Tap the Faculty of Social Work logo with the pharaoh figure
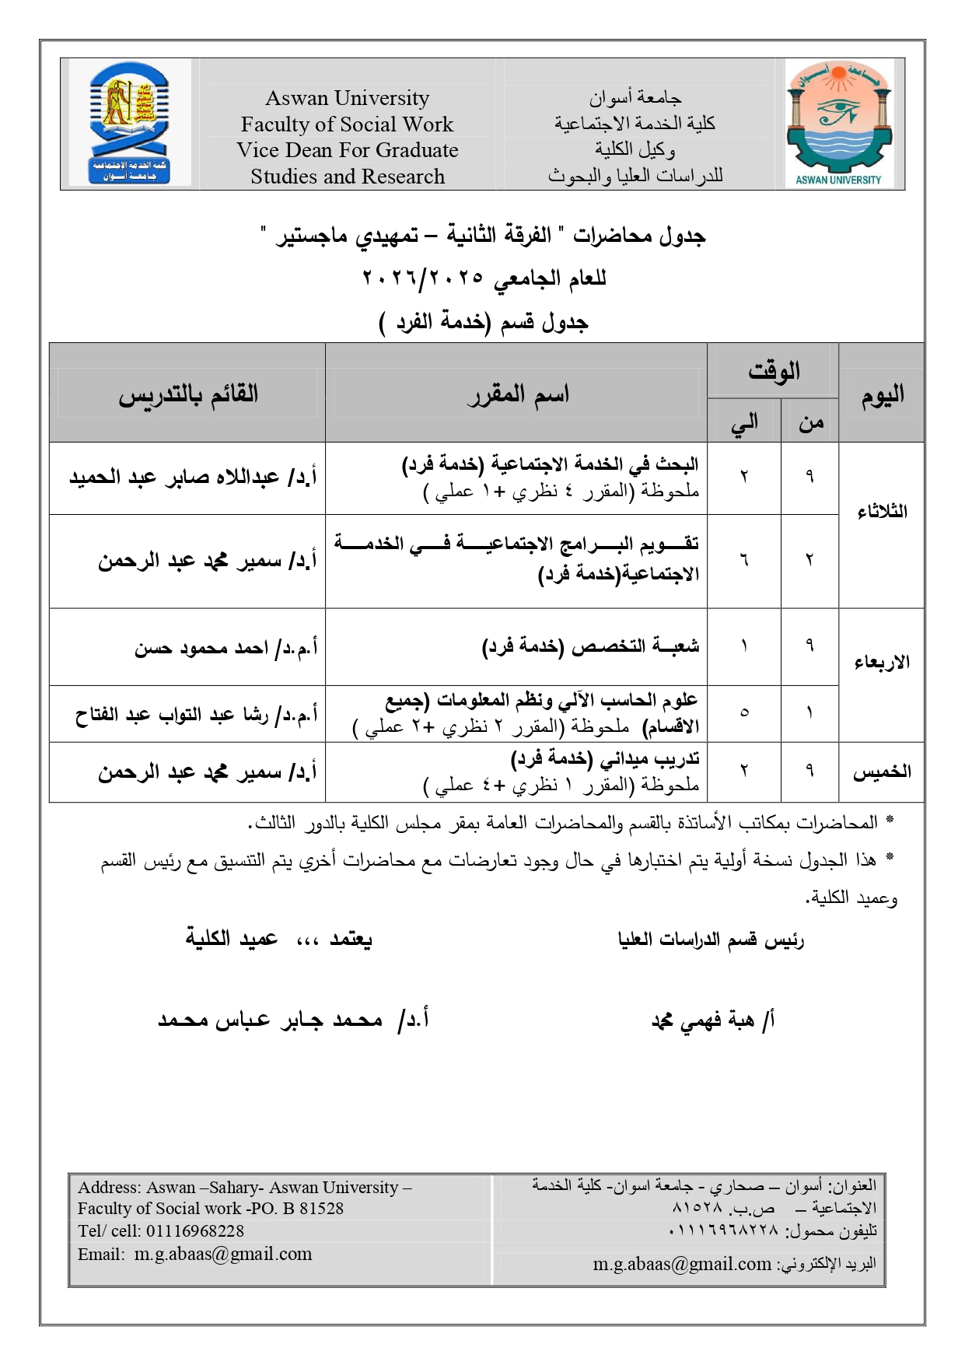point(130,124)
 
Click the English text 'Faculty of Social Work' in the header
point(347,124)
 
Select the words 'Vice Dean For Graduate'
point(347,150)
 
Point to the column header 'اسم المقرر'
point(518,394)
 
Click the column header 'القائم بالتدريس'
point(188,394)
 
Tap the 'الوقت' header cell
point(773,371)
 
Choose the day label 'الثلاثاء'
point(882,512)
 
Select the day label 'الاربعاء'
point(882,662)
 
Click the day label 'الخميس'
point(882,772)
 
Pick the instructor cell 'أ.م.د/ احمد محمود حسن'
point(226,647)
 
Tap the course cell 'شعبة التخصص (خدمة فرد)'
point(591,646)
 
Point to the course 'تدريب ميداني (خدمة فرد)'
point(605,758)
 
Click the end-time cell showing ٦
point(744,560)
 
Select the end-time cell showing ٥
point(744,712)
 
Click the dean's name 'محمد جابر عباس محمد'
point(270,1020)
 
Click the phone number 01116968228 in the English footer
point(195,1231)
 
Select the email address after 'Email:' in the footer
point(223,1254)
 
